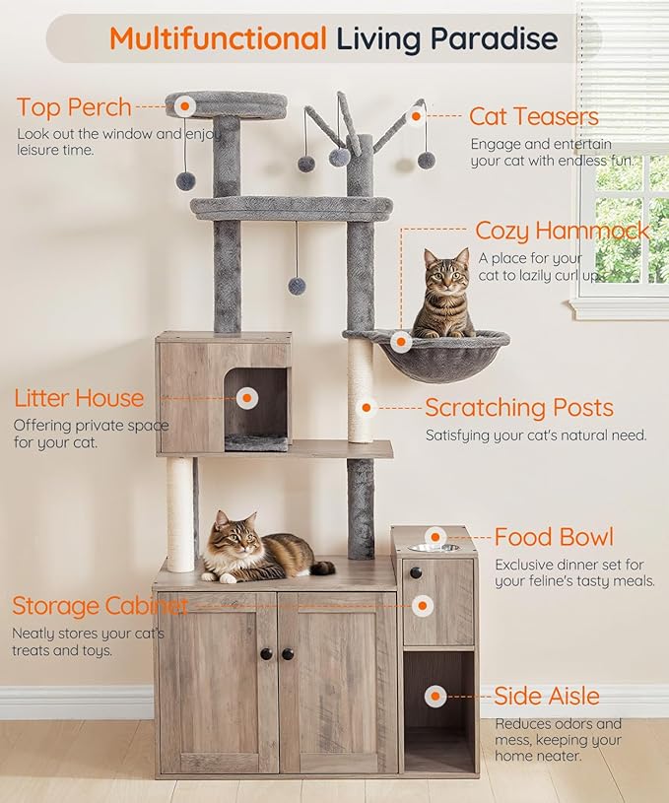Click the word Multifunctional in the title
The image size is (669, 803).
217,39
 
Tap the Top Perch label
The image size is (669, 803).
74,105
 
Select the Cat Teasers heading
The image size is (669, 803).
533,116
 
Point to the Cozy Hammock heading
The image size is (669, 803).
562,231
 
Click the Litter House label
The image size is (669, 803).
79,398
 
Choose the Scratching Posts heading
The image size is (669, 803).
518,407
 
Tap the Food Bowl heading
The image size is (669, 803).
554,537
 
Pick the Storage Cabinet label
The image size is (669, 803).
99,605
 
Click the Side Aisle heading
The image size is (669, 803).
547,696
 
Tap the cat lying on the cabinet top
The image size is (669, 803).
258,552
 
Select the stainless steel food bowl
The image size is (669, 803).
434,547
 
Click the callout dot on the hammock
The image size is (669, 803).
400,342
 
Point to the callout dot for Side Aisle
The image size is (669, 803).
435,696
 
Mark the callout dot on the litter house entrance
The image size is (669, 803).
246,398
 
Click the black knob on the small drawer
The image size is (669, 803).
416,572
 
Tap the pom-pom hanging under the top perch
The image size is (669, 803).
185,180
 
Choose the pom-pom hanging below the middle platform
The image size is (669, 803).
297,286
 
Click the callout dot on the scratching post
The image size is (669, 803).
366,406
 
